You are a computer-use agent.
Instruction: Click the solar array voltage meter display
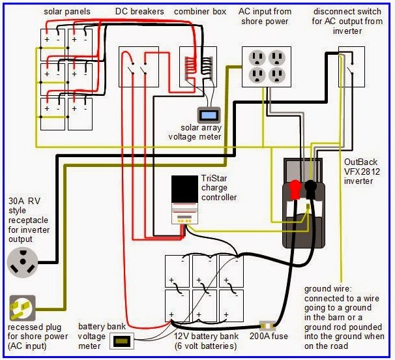[209, 115]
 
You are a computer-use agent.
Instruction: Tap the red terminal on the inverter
[294, 189]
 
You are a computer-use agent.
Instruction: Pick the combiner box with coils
[198, 67]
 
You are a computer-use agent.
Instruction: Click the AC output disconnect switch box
[351, 67]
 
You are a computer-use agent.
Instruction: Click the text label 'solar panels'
[66, 12]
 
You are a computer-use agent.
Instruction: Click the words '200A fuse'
[269, 337]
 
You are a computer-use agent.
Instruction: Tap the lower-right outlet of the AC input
[278, 76]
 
